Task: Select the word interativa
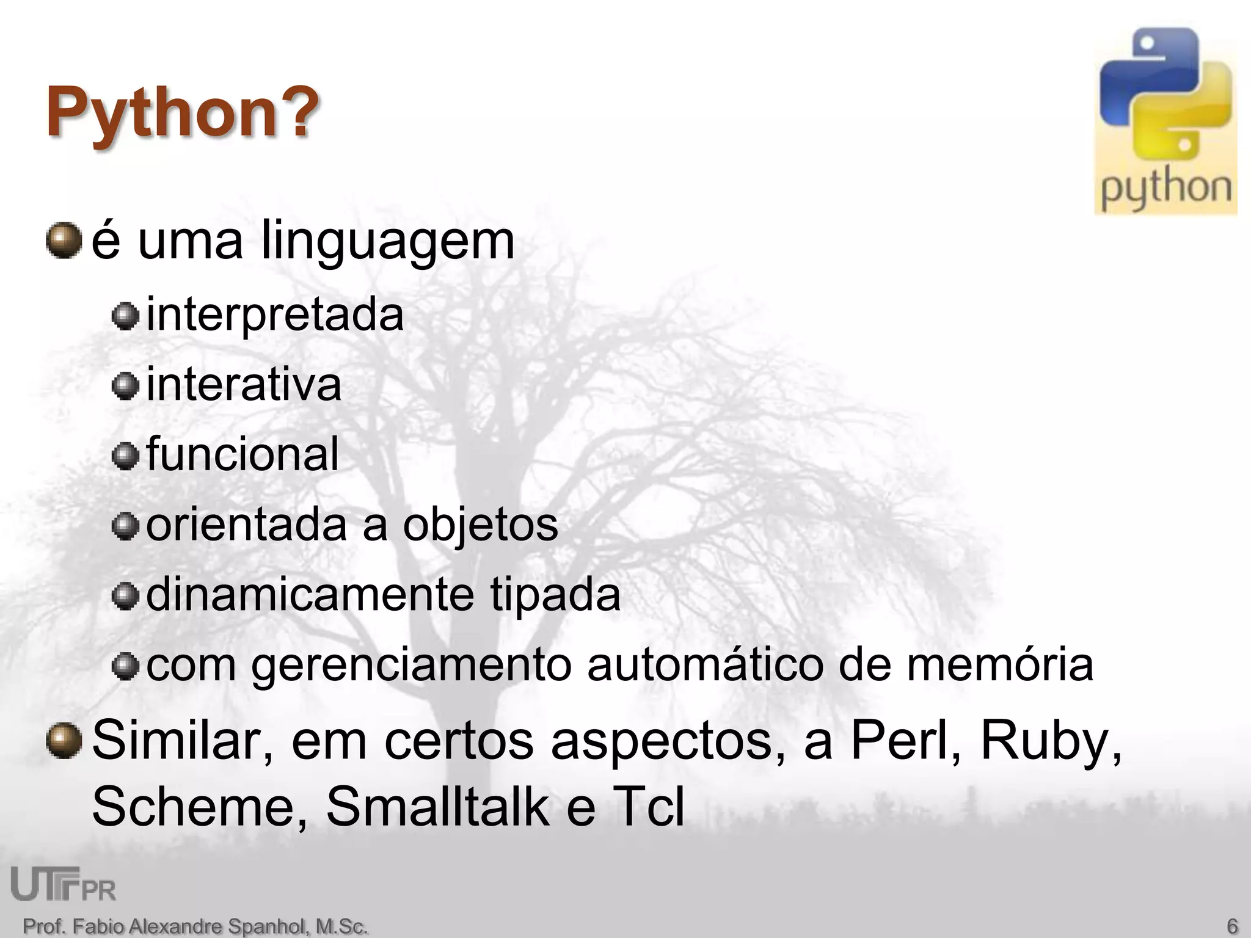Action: (x=244, y=385)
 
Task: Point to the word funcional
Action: (x=243, y=454)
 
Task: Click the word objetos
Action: (x=480, y=525)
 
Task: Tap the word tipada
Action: (x=555, y=595)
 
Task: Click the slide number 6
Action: (x=1232, y=926)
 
